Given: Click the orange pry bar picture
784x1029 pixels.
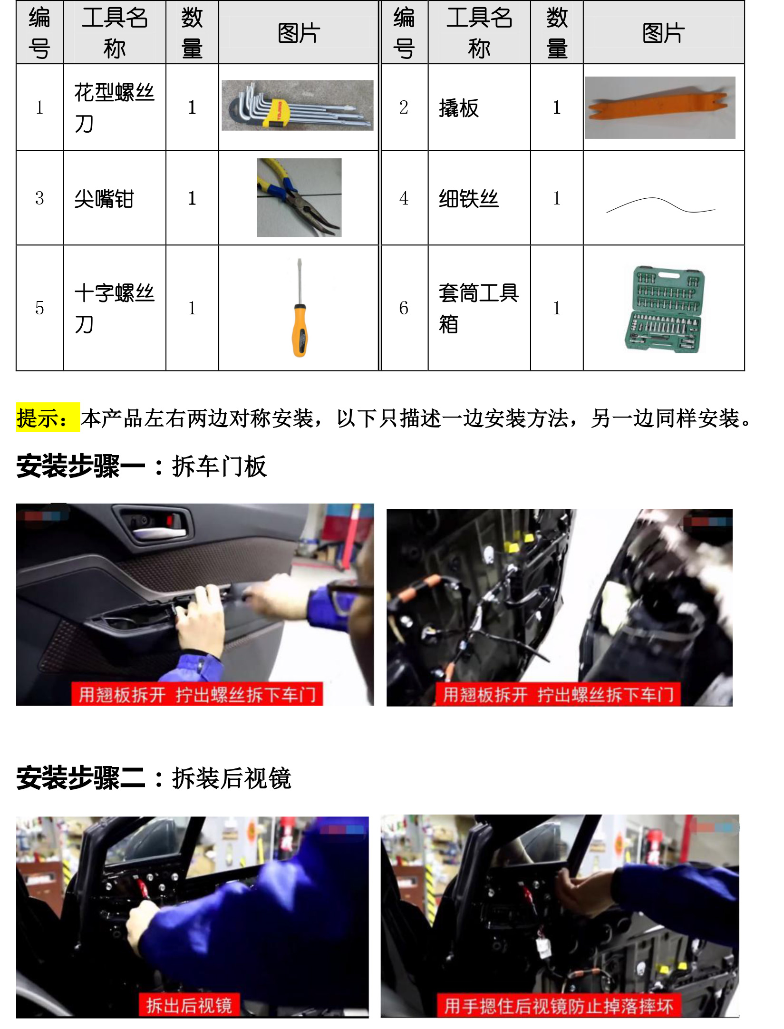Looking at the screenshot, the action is (x=659, y=107).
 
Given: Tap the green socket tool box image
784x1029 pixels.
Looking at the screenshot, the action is (x=664, y=309).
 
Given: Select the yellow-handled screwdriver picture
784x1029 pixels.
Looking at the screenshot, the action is (x=300, y=308).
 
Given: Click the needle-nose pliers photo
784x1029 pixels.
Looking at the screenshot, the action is (x=299, y=197).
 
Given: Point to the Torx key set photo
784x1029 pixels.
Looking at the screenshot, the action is (x=298, y=105).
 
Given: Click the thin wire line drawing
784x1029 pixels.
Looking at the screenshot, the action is (x=660, y=205).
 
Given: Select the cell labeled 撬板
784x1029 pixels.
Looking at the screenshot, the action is (x=459, y=108).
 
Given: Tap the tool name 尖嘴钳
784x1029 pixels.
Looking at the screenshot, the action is (x=104, y=199).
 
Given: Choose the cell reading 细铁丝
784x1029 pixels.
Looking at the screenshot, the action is (x=469, y=199).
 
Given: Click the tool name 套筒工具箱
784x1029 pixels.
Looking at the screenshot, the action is (x=478, y=309).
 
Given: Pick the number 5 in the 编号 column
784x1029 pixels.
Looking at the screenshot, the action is (x=39, y=308).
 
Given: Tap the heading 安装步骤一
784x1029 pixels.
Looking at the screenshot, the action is (x=80, y=466).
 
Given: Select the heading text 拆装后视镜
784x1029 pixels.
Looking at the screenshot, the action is (x=232, y=778).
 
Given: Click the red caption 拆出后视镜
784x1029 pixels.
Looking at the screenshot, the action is (x=189, y=1005).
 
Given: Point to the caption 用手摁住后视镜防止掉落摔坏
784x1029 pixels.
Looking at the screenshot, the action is (x=559, y=1006).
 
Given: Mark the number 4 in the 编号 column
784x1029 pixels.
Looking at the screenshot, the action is (x=404, y=198).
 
